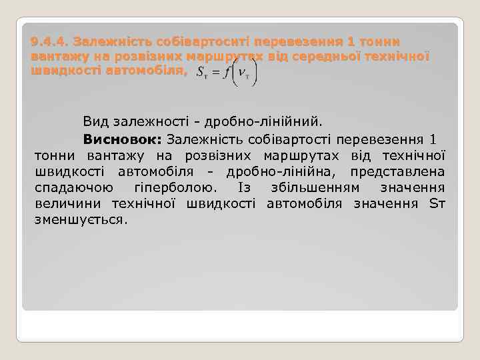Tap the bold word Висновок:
[x=123, y=139]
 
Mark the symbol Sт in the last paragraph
[x=437, y=203]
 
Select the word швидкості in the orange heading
[x=66, y=71]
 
